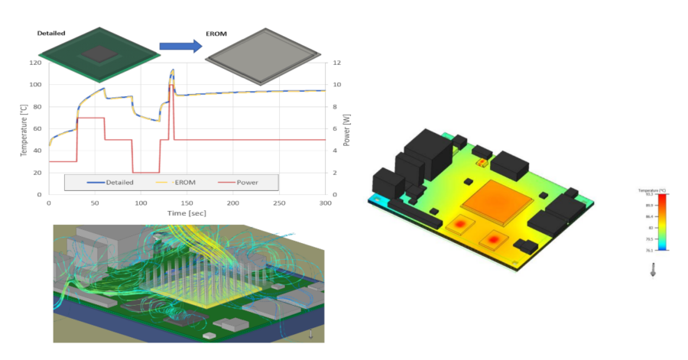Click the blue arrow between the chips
coord(180,46)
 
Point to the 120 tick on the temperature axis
coord(35,63)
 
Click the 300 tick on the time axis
coord(325,203)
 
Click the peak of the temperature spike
coord(172,70)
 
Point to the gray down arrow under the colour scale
coord(652,269)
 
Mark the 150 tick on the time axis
coord(187,203)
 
